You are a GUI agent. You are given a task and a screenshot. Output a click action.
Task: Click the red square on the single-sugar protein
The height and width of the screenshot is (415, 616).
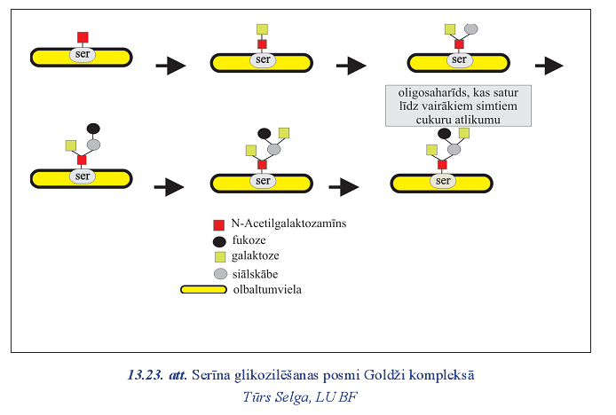[x=83, y=37]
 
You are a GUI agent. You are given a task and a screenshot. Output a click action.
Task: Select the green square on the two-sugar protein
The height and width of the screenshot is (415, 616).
[x=262, y=29]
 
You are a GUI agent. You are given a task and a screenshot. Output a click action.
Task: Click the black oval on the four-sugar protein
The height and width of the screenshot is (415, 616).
[x=93, y=129]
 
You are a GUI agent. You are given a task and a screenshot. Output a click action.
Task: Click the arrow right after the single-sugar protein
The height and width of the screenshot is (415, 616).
[x=170, y=65]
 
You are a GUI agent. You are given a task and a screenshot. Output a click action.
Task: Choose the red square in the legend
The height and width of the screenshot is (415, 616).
[x=218, y=225]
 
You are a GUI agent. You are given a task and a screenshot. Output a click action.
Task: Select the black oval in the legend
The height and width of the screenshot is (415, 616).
[x=218, y=240]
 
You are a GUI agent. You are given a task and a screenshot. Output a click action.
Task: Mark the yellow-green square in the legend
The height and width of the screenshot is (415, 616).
[x=218, y=257]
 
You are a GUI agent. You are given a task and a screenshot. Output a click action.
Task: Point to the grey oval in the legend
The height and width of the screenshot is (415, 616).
[x=218, y=274]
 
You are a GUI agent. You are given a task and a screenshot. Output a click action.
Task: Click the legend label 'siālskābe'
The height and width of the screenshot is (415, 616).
[x=262, y=274]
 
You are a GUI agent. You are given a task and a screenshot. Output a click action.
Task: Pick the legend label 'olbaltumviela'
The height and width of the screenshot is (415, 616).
[x=270, y=289]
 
